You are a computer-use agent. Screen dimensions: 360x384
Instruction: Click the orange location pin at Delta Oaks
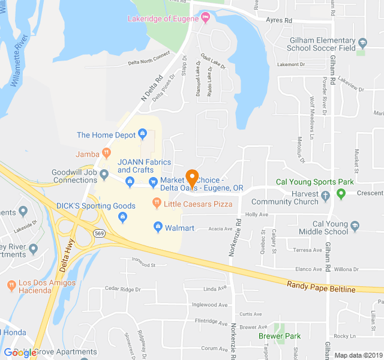(x=192, y=178)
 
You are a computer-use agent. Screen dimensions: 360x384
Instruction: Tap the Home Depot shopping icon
(x=143, y=134)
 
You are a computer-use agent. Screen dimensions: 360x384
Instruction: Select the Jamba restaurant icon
(x=107, y=154)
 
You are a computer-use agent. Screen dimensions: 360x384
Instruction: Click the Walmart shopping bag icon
(x=158, y=227)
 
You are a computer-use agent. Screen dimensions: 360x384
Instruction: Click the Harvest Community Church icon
(x=325, y=196)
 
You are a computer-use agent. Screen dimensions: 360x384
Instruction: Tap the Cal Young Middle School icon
(x=355, y=225)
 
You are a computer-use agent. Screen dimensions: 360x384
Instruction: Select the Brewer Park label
(x=279, y=336)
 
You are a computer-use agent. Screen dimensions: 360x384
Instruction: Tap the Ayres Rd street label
(x=280, y=20)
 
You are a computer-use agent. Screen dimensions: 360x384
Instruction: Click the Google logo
(x=20, y=353)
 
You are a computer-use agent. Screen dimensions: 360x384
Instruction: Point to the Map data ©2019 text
(x=357, y=355)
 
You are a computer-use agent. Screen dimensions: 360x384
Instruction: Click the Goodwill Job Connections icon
(x=104, y=175)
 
